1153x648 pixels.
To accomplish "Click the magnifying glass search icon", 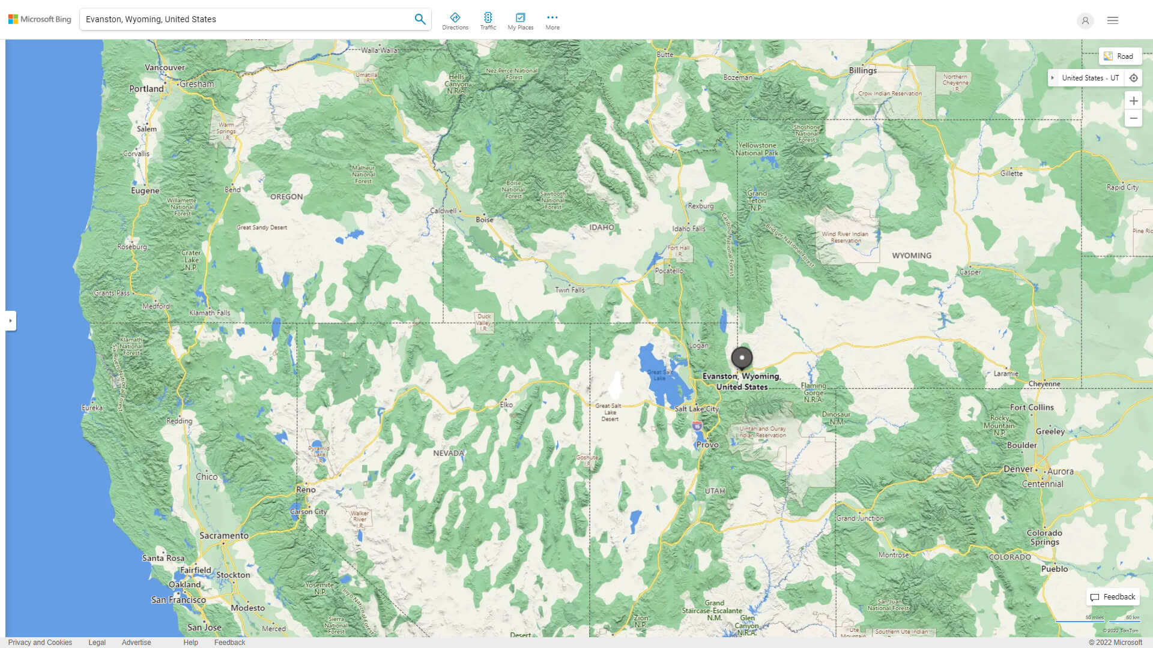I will coord(420,19).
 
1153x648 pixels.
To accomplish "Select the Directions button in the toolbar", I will coord(455,21).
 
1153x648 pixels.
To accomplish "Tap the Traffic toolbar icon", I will coord(488,21).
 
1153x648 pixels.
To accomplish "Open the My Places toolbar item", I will coord(520,21).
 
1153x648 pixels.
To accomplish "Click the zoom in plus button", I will coord(1133,101).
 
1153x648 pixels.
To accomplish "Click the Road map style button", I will coord(1119,56).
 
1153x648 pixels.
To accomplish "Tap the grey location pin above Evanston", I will coord(742,358).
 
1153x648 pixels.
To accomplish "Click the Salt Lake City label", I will coord(696,409).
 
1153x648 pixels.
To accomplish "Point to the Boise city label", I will coord(484,220).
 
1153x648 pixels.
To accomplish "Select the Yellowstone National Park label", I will coord(757,149).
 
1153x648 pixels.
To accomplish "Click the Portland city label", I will coord(146,89).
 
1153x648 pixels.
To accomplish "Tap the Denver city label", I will coord(1018,469).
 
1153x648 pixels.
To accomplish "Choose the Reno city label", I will coord(306,490).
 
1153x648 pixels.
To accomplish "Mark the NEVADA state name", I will coord(448,453).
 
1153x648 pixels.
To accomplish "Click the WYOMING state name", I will coord(911,256).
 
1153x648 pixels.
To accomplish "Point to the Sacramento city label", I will coord(223,535).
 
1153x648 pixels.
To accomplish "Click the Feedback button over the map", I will coord(1113,597).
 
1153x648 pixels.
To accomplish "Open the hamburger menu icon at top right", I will coord(1112,20).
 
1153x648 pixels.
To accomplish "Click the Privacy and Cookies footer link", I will coord(40,642).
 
